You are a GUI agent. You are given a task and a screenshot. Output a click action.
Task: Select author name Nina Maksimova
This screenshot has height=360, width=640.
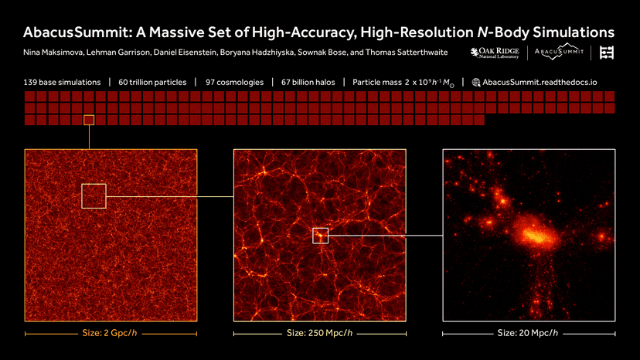click(51, 53)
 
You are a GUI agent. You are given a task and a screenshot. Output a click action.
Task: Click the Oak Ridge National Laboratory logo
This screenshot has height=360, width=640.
click(496, 53)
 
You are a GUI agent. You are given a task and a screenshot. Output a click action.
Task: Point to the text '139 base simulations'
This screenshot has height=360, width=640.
click(63, 82)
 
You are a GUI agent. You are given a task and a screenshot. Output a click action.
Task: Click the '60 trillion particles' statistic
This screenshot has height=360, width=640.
click(151, 82)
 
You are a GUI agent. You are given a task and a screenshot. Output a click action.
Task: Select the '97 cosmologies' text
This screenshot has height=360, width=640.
click(235, 82)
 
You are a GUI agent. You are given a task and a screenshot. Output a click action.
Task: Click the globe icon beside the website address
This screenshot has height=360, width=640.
click(476, 82)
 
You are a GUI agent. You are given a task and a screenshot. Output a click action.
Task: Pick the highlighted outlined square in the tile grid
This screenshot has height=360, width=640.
click(89, 120)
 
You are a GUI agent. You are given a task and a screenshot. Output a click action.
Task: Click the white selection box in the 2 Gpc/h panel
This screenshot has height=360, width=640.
click(94, 195)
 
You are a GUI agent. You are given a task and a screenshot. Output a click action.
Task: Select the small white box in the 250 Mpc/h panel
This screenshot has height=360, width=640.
click(321, 236)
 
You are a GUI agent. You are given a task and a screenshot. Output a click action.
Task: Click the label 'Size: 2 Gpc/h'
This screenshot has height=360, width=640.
click(111, 334)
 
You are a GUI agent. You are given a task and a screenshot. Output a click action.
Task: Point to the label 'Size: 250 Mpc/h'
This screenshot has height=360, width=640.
click(319, 334)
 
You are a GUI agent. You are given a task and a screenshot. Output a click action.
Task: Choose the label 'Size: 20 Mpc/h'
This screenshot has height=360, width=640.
click(529, 334)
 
